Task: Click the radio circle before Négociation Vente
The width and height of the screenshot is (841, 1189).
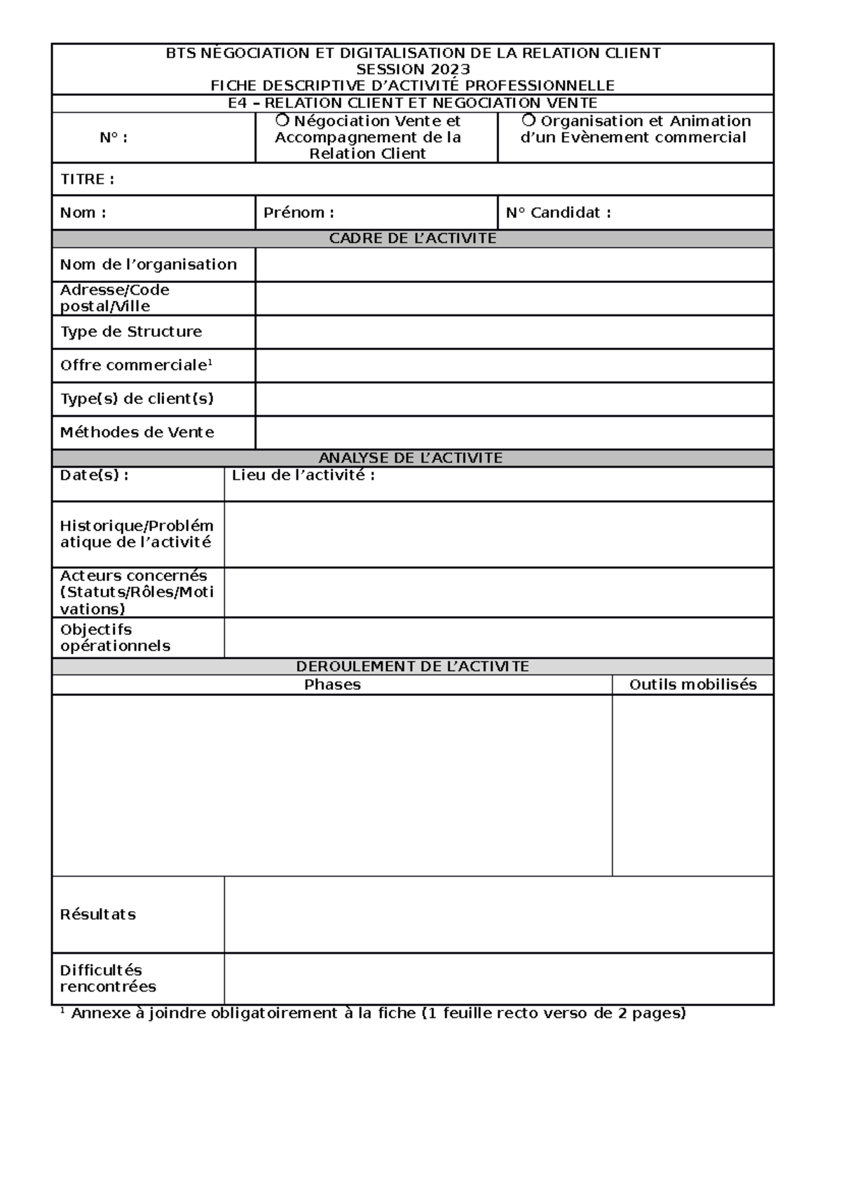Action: (282, 120)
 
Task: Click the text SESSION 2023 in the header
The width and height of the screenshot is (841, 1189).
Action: (413, 69)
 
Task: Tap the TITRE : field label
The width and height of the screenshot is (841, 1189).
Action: (87, 179)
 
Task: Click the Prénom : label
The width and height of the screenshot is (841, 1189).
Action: (299, 213)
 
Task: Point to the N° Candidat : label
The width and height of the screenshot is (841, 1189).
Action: (558, 213)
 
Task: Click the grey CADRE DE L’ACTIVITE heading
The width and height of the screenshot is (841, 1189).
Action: (413, 239)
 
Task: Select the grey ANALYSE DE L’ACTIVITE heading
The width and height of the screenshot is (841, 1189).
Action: (411, 458)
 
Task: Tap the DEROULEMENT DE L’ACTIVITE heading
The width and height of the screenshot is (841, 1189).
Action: (413, 666)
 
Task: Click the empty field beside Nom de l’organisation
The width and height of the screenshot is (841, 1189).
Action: (514, 265)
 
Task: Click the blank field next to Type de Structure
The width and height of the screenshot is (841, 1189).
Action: (514, 332)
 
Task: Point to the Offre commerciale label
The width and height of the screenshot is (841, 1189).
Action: (135, 366)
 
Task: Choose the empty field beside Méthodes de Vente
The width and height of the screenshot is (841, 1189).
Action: (514, 433)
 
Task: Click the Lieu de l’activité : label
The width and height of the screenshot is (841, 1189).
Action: (303, 475)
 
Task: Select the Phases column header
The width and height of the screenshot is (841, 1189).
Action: (332, 685)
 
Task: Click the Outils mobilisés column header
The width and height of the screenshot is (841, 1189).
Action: (692, 685)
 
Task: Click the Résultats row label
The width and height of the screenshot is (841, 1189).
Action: (97, 915)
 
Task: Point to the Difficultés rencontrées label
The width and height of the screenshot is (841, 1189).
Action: (107, 978)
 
